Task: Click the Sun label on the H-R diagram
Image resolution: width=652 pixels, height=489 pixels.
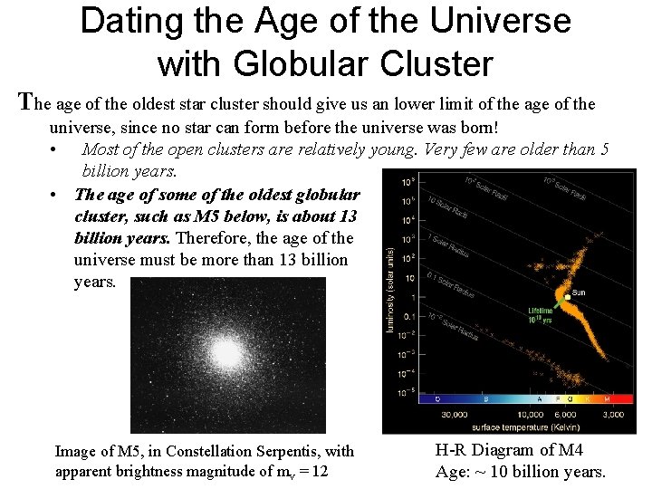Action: (x=578, y=292)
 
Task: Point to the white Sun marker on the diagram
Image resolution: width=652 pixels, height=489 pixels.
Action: (x=567, y=296)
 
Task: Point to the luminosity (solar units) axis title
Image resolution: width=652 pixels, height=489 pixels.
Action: (x=390, y=289)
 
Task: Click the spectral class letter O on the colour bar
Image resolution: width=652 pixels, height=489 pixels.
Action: (x=437, y=398)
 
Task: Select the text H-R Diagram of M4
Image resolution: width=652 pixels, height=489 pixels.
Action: (x=510, y=450)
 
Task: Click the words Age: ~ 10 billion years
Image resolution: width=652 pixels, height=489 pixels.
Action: (x=520, y=471)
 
